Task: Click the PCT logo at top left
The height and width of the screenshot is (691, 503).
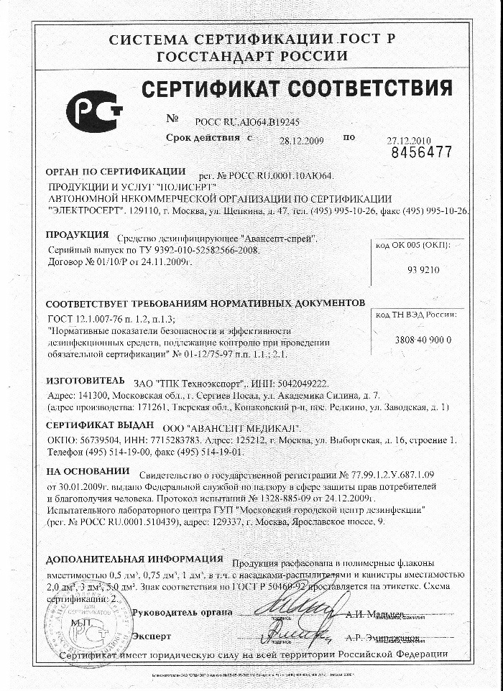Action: [93, 111]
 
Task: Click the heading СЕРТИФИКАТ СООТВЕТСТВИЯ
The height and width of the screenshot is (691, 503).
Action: [296, 90]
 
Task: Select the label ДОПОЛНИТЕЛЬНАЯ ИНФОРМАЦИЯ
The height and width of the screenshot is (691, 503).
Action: [134, 559]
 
